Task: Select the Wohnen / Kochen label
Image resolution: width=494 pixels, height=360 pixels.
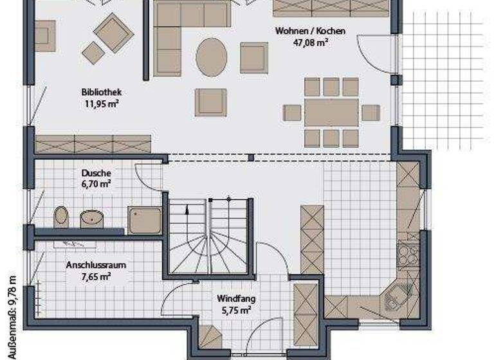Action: pyautogui.click(x=311, y=31)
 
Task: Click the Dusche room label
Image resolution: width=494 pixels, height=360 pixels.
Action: pyautogui.click(x=96, y=173)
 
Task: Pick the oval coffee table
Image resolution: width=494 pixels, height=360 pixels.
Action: pyautogui.click(x=212, y=57)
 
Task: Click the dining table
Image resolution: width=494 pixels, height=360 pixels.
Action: pyautogui.click(x=331, y=113)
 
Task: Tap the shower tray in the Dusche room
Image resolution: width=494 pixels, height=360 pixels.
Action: pyautogui.click(x=144, y=220)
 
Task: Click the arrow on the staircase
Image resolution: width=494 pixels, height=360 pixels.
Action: pyautogui.click(x=187, y=208)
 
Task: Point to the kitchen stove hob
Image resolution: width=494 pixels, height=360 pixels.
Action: pyautogui.click(x=407, y=253)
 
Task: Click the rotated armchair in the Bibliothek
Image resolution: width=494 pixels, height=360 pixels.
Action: pyautogui.click(x=113, y=32)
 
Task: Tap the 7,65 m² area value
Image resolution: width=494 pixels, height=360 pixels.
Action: pyautogui.click(x=96, y=276)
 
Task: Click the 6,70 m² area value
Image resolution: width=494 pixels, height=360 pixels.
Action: pyautogui.click(x=96, y=184)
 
